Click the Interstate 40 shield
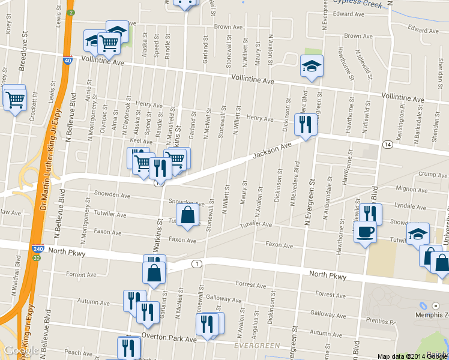(x=67, y=61)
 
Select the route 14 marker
(x=387, y=145)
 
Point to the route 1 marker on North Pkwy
(x=196, y=264)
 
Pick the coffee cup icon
(x=364, y=232)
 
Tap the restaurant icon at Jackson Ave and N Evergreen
(x=306, y=124)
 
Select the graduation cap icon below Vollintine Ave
(x=311, y=65)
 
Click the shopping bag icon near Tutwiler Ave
(x=187, y=214)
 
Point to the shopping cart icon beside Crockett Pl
(x=16, y=100)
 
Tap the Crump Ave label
(x=418, y=175)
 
